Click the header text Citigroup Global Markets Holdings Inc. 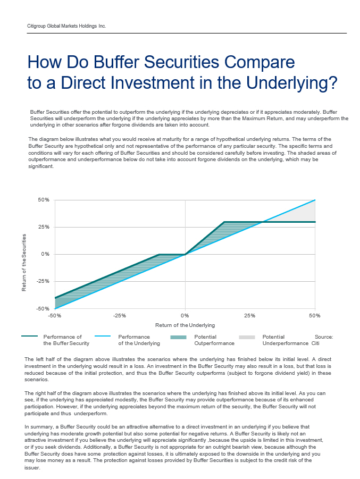[66, 26]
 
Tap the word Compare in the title [249, 63]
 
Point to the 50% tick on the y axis [44, 200]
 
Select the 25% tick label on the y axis [44, 227]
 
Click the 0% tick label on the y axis [45, 254]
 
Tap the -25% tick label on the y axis [43, 281]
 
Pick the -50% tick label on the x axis [54, 316]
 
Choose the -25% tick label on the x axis [120, 316]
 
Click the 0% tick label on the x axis [185, 316]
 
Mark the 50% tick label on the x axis [315, 316]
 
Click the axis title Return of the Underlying [185, 325]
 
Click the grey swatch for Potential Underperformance [247, 337]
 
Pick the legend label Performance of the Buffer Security [63, 340]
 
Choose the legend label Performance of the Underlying [139, 340]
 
